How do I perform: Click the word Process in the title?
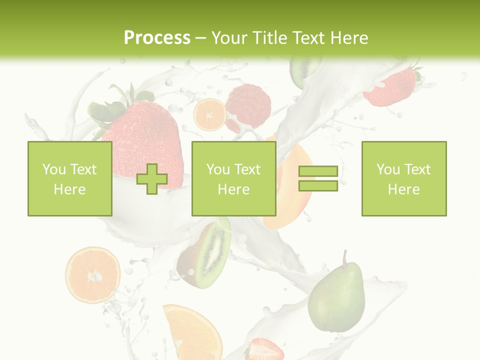(x=157, y=38)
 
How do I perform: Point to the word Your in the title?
(x=230, y=38)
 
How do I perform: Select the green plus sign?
(x=152, y=179)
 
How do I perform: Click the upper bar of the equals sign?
(x=318, y=171)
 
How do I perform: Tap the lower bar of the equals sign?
(x=318, y=186)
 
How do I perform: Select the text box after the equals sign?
(x=404, y=178)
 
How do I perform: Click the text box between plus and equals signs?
(x=233, y=178)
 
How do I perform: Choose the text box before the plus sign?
(x=69, y=178)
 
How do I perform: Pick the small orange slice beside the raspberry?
(x=209, y=114)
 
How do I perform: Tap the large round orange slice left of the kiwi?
(x=92, y=274)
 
